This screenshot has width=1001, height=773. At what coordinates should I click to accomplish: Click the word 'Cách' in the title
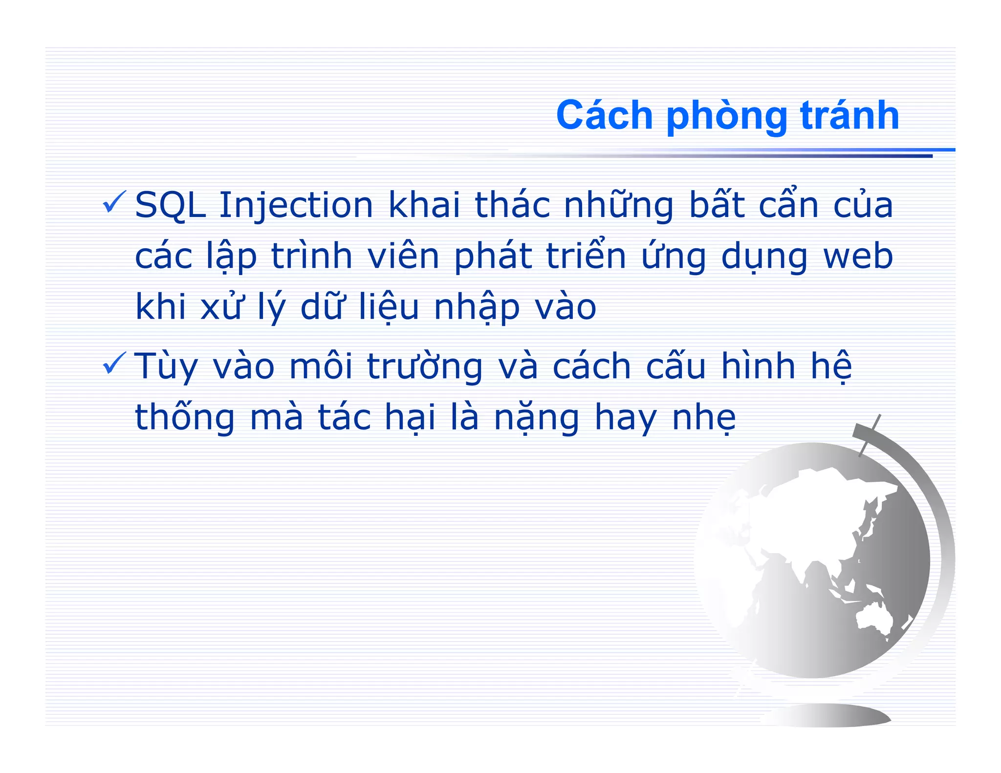click(604, 116)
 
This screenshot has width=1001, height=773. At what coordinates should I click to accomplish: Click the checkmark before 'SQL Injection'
click(114, 202)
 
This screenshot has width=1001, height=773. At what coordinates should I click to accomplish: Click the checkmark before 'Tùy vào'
click(114, 364)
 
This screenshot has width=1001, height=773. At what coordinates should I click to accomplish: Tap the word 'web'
click(858, 257)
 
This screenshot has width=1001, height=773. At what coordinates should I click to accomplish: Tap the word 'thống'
click(185, 418)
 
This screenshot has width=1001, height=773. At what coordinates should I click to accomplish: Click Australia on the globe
click(875, 618)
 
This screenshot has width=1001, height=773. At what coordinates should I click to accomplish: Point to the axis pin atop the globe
click(870, 435)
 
